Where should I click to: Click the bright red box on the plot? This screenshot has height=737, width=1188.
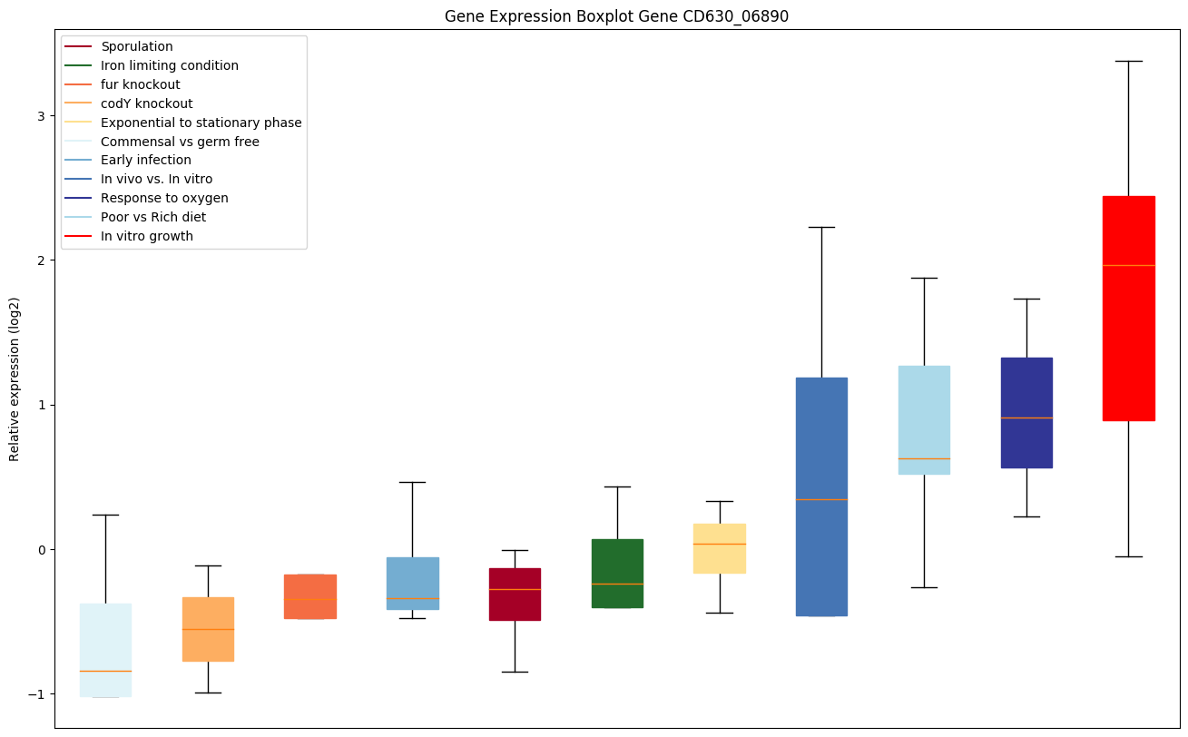(1128, 309)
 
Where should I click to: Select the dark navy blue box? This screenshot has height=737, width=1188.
(1026, 413)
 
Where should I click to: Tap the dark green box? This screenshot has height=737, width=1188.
(617, 573)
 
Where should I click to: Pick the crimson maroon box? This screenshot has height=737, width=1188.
(515, 595)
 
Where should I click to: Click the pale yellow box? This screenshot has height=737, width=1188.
(720, 548)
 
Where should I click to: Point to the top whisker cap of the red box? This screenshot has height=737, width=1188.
(1128, 61)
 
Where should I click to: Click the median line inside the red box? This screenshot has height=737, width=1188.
(1128, 265)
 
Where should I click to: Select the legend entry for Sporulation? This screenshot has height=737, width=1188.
(137, 46)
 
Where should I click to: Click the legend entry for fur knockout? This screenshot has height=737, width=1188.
(141, 84)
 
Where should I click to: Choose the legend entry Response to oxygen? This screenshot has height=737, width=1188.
(164, 198)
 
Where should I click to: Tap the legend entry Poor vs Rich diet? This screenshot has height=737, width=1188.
(153, 217)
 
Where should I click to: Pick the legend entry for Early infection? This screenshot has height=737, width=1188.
(146, 160)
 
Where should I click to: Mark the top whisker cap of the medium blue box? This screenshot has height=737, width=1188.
(821, 227)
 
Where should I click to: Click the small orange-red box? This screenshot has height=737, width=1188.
(310, 596)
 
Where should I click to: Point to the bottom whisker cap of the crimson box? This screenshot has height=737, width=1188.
(515, 672)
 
